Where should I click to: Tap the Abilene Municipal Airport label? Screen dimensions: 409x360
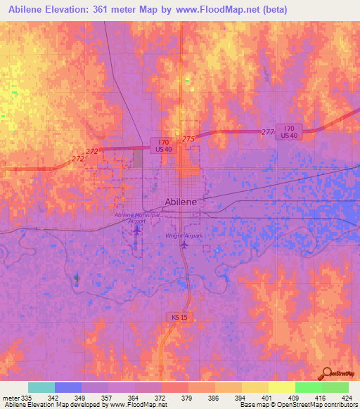(x=137, y=217)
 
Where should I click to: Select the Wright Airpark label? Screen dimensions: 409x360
(x=184, y=235)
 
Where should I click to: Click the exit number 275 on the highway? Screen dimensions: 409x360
(x=188, y=139)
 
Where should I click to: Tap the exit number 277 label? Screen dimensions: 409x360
(x=266, y=132)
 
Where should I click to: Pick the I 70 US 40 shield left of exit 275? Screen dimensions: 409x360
(x=161, y=144)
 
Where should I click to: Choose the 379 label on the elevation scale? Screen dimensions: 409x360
(x=188, y=398)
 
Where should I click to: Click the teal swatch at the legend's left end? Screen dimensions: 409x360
(x=41, y=387)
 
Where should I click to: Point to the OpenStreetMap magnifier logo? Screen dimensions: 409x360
(x=326, y=372)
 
